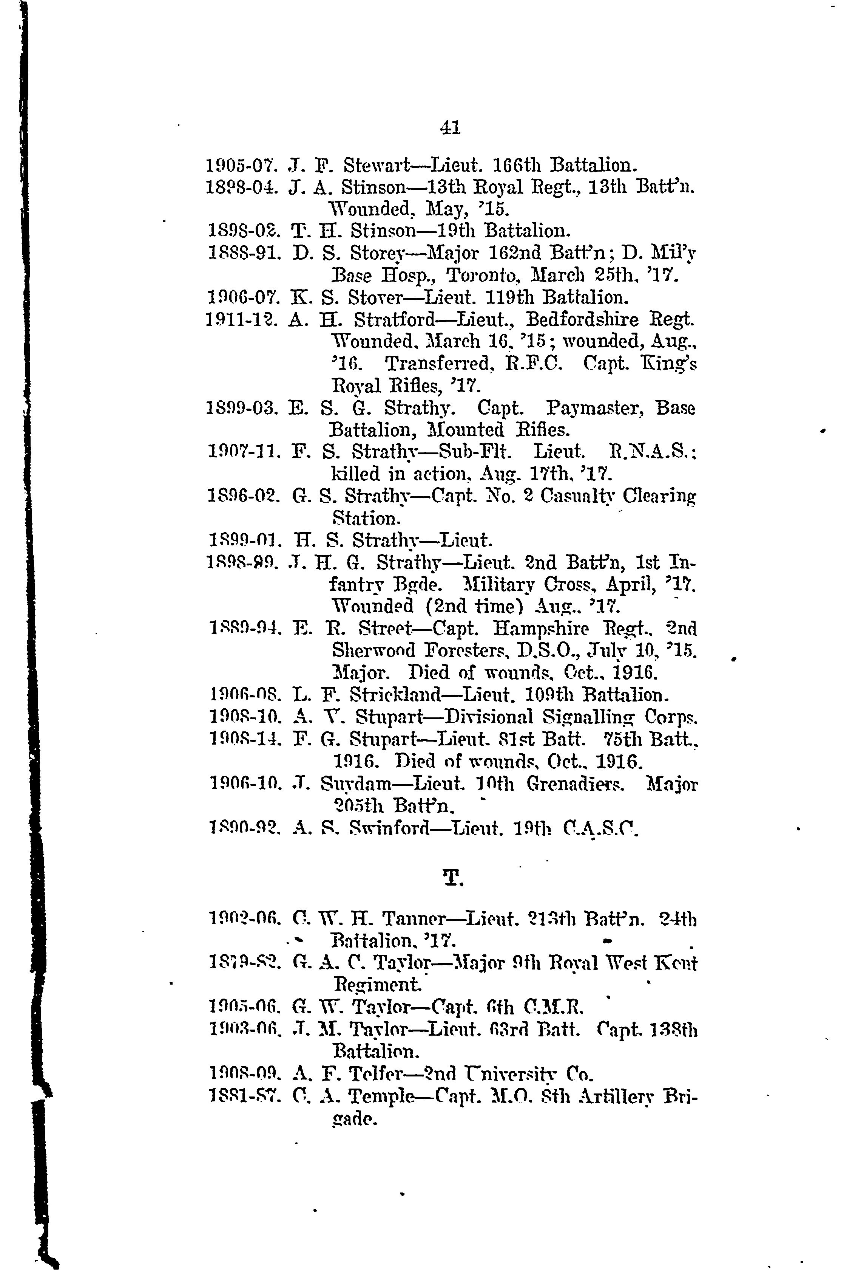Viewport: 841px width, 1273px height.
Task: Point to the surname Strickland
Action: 395,695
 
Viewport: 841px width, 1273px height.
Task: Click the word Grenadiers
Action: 576,785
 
